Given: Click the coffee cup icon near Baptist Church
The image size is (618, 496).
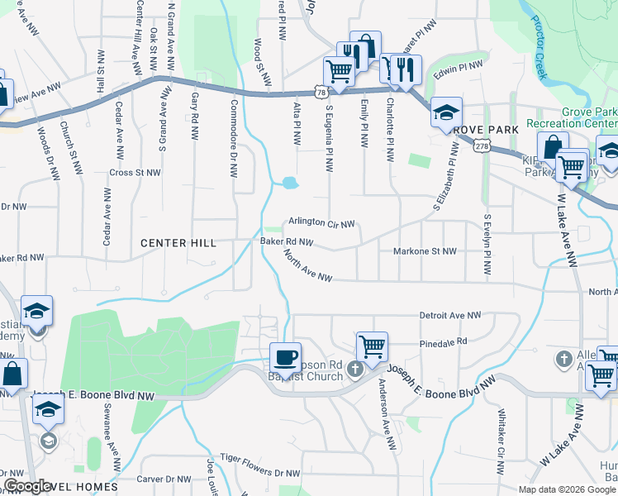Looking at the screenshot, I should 286,357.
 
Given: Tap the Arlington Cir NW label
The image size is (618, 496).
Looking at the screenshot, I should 321,224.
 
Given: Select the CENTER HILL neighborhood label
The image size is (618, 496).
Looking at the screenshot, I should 178,243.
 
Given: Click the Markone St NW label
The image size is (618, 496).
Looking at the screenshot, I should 425,251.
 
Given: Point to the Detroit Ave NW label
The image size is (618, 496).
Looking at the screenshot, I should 450,316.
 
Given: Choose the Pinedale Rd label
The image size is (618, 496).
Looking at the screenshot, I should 444,341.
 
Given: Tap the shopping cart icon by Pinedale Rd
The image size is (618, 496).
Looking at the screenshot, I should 373,346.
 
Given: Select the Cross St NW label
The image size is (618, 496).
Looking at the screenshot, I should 135,173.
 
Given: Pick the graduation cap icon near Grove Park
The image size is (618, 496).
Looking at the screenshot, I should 446,112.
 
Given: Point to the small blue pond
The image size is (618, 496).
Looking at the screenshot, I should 288,183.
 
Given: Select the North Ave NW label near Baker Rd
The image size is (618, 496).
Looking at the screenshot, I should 307,267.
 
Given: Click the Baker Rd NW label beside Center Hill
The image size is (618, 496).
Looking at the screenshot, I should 287,242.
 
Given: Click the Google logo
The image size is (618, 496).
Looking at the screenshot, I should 27,486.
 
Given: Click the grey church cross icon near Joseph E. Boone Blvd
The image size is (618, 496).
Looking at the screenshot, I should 355,370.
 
